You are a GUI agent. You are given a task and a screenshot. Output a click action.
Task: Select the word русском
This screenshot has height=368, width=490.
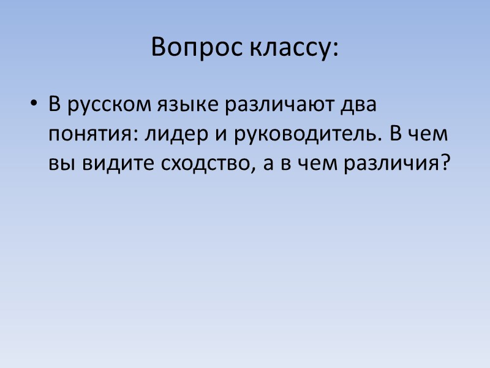click(103, 106)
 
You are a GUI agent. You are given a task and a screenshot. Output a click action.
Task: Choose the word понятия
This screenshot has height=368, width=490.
click(92, 136)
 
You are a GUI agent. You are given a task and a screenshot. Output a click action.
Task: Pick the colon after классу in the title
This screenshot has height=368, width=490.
click(334, 49)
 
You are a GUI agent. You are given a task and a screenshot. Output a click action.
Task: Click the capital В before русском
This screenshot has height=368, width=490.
click(55, 105)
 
